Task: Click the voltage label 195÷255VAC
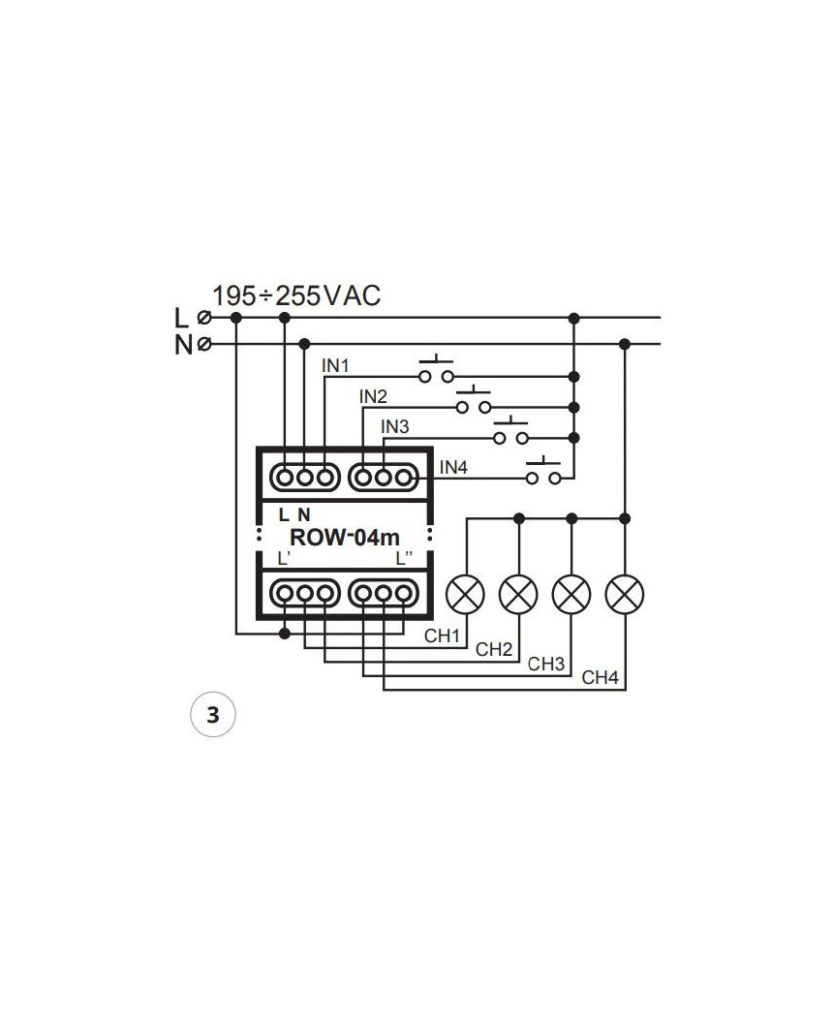click(296, 295)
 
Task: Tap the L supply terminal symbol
click(204, 317)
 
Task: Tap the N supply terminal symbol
click(204, 344)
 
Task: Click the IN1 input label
click(335, 366)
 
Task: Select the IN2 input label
click(373, 396)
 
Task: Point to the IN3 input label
click(395, 426)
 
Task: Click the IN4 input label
click(453, 467)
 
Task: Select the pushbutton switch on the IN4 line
click(543, 476)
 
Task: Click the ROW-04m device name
click(345, 539)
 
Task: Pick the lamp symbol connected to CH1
click(466, 593)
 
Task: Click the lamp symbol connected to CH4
click(625, 593)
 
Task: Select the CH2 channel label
click(494, 649)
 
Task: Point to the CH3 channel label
click(546, 665)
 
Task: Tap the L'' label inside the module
click(406, 559)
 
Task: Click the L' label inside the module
click(283, 559)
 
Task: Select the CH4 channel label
click(600, 678)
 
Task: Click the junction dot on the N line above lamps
click(625, 344)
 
